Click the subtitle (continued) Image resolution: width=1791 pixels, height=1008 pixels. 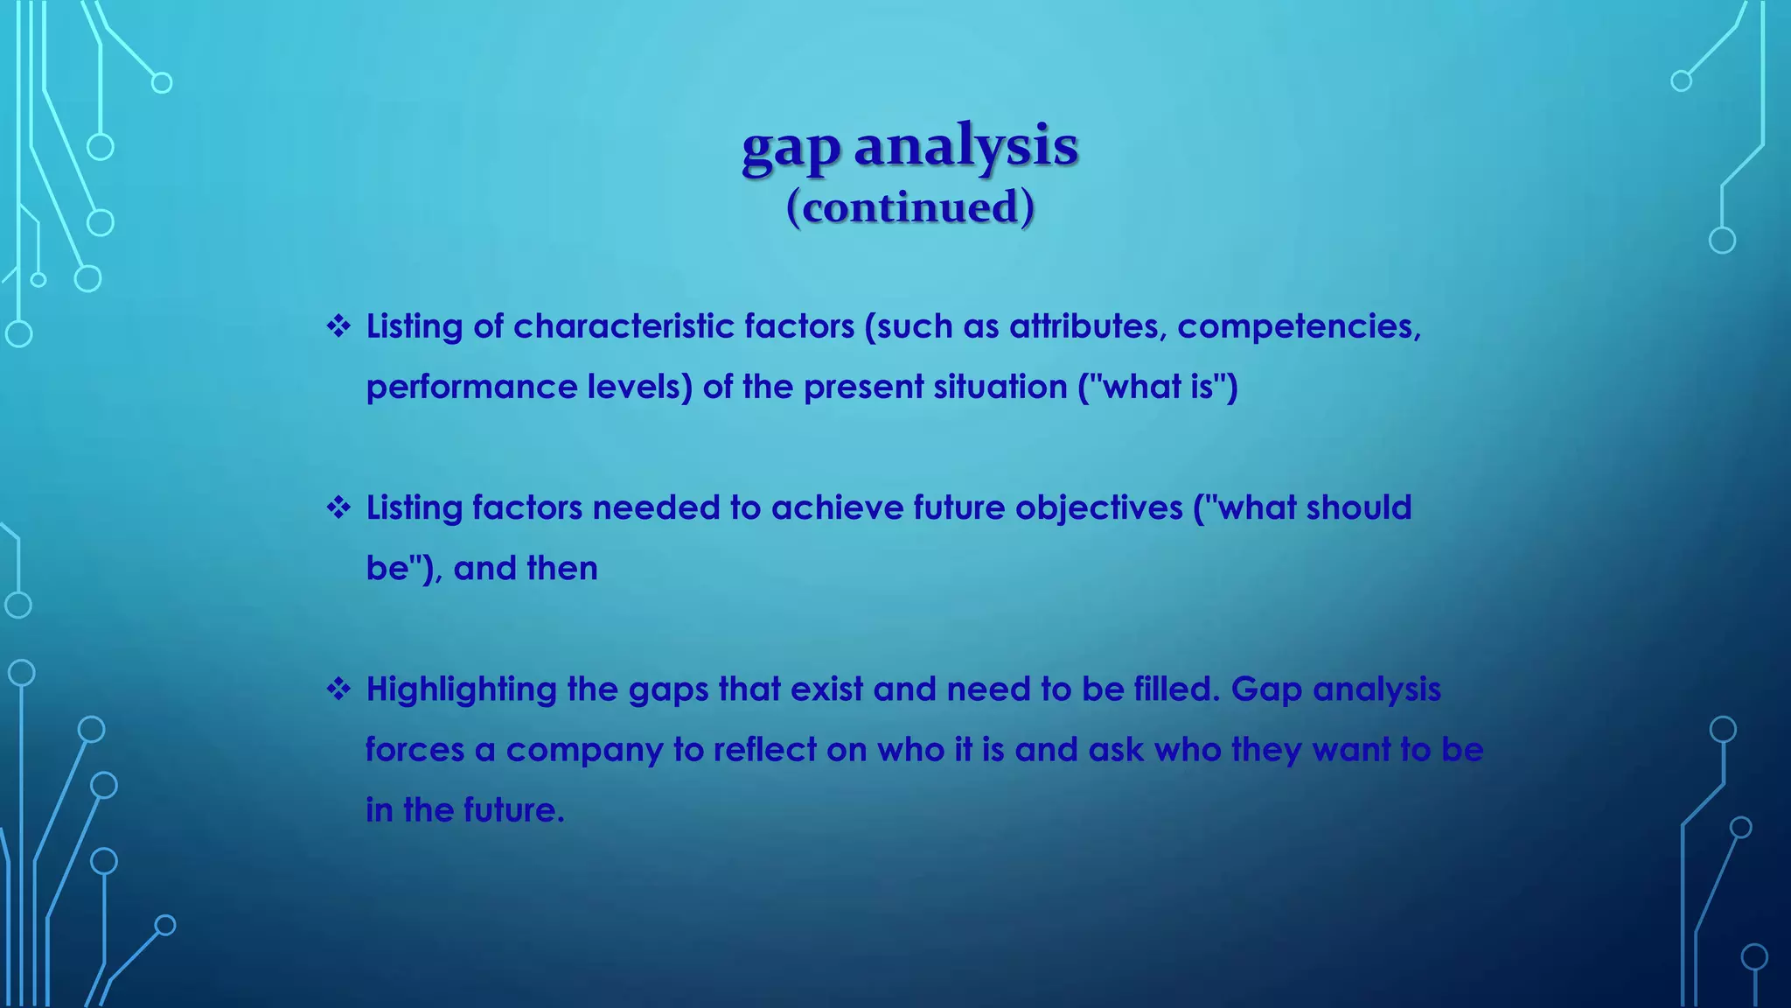coord(910,207)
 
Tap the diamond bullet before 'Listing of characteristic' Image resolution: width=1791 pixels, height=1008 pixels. coord(338,327)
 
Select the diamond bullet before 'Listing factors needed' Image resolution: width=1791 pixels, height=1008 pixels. coord(338,508)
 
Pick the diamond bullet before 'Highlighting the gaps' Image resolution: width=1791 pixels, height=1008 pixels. coord(338,689)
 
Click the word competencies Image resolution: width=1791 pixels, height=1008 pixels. coord(1299,327)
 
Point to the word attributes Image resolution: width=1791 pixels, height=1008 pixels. coord(1088,327)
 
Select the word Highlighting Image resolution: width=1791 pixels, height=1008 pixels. coord(461,690)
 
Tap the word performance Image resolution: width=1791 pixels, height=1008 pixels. coord(471,388)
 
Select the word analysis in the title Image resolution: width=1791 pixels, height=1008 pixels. coord(965,146)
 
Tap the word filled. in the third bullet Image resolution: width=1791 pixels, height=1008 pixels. coord(1176,689)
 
